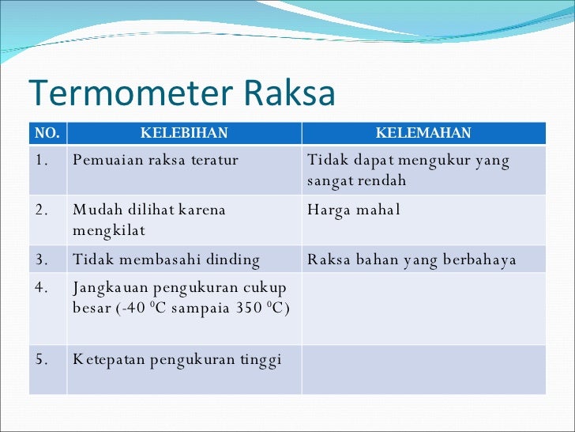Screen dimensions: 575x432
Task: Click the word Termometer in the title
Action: [131, 92]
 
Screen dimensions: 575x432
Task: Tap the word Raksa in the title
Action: [289, 92]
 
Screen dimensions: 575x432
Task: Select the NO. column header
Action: [47, 133]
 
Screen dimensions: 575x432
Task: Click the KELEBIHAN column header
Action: [184, 133]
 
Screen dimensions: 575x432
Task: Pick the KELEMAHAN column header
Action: [423, 133]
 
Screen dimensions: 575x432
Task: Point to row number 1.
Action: [42, 160]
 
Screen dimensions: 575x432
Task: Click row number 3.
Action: [42, 260]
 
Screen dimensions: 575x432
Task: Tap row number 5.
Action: [42, 359]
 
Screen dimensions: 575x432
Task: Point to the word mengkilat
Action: [109, 231]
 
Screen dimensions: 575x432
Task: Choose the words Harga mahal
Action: [354, 210]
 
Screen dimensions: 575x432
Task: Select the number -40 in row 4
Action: [133, 308]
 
